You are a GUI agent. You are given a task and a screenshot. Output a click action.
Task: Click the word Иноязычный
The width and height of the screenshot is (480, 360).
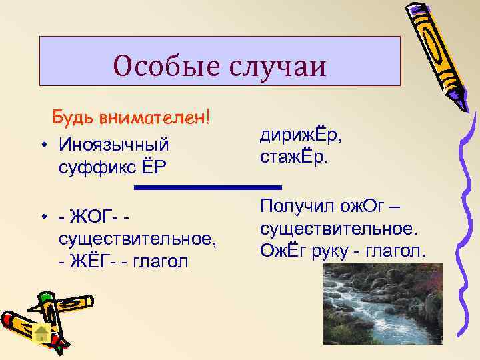click(x=113, y=144)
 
